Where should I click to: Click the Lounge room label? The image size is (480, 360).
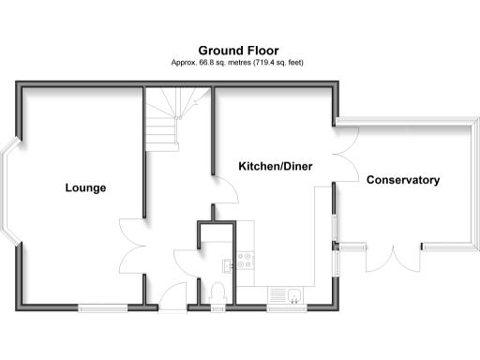click(x=85, y=187)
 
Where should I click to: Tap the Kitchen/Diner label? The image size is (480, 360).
click(x=275, y=166)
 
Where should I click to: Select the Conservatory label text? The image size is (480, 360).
click(x=402, y=180)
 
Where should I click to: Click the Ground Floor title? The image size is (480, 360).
click(x=238, y=50)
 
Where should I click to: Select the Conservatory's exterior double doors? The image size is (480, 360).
click(x=397, y=255)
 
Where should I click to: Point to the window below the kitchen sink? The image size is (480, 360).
click(x=281, y=307)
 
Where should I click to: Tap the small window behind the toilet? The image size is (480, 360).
click(x=217, y=307)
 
